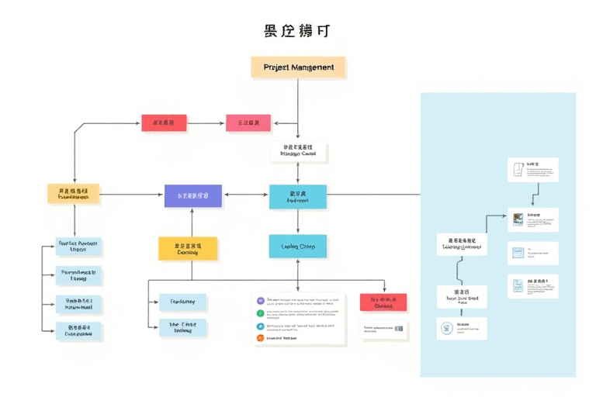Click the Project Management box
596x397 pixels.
(x=298, y=67)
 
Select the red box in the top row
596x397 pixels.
(x=164, y=123)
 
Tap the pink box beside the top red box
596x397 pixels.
(x=248, y=123)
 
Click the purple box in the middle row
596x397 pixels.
(x=193, y=196)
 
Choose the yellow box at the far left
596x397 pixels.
(x=74, y=194)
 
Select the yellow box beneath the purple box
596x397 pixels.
(x=188, y=248)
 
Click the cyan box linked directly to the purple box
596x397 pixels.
(x=298, y=197)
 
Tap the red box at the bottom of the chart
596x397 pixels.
(x=383, y=302)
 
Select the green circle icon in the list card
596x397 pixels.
(x=261, y=313)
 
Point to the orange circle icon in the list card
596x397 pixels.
(x=261, y=326)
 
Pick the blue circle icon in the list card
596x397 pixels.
(x=261, y=338)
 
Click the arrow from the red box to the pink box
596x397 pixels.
(x=206, y=123)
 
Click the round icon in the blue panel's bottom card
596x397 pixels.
(x=446, y=328)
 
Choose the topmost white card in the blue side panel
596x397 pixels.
(x=532, y=170)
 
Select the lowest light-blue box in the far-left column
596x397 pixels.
(x=78, y=332)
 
